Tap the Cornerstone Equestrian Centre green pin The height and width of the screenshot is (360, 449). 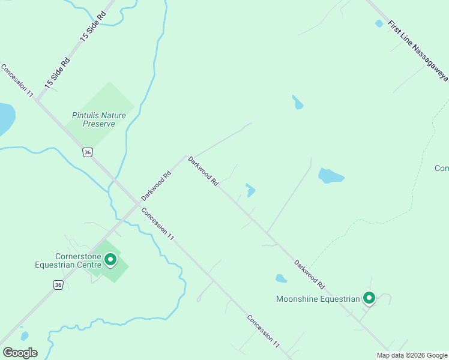coord(110,260)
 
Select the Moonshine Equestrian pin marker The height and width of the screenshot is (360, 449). coord(369,298)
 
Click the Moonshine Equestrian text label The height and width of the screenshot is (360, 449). coord(317,299)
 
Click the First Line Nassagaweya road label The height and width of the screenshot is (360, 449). coord(418,52)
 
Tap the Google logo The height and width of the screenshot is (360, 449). coord(20,352)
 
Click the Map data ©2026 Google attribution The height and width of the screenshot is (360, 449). coord(411,355)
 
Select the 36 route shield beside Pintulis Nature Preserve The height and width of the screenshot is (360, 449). coord(88,152)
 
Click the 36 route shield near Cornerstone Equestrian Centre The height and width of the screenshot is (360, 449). coord(58,284)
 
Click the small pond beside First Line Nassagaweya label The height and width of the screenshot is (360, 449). coord(379,23)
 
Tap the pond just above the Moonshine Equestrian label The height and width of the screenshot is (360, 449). coord(281,278)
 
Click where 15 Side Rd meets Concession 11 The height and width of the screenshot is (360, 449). coord(37,100)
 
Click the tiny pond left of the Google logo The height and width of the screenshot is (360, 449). coord(24,336)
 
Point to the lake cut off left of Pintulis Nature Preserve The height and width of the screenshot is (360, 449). coord(5,118)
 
